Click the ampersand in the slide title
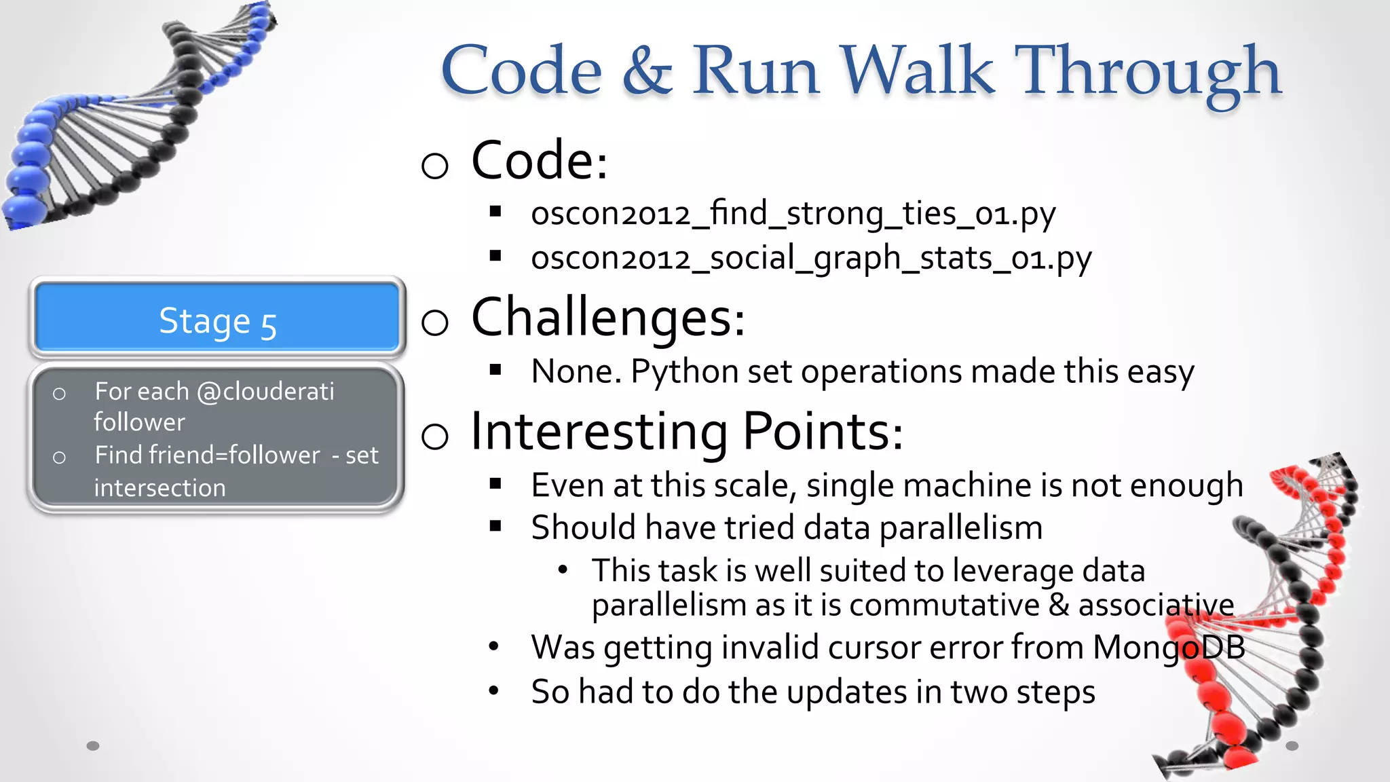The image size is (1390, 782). tap(647, 71)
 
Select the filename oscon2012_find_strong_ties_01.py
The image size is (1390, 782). tap(793, 214)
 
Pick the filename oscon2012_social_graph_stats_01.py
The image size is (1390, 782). tap(811, 259)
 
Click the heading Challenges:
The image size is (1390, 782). tap(607, 318)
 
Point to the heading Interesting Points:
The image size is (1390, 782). tap(686, 432)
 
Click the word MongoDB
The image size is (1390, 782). tap(1168, 647)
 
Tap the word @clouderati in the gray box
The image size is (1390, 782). tap(265, 392)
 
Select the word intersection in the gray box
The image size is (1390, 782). tap(159, 488)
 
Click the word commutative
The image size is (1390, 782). tap(944, 606)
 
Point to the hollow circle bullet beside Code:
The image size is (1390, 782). tap(434, 165)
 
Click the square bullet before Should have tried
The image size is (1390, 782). tap(495, 526)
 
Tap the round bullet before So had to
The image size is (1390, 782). tap(493, 691)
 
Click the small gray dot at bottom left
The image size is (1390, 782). tap(93, 746)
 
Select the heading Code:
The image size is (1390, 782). tap(539, 161)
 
